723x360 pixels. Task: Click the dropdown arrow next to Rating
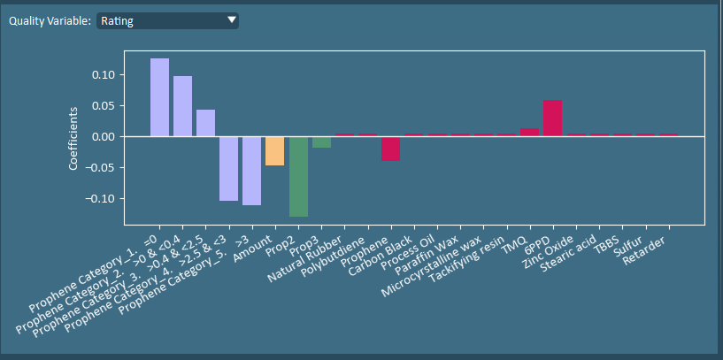pyautogui.click(x=231, y=19)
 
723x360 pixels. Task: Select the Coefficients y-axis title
pyautogui.click(x=74, y=137)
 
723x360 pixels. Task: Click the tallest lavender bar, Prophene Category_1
pyautogui.click(x=159, y=97)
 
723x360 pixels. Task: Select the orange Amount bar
pyautogui.click(x=274, y=150)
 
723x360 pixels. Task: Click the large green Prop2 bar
pyautogui.click(x=298, y=176)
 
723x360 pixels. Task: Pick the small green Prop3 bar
pyautogui.click(x=321, y=142)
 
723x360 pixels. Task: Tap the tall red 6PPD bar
pyautogui.click(x=552, y=119)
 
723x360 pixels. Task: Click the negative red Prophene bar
pyautogui.click(x=390, y=148)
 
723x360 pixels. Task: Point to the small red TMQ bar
pyautogui.click(x=529, y=133)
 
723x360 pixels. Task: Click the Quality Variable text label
pyautogui.click(x=50, y=20)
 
